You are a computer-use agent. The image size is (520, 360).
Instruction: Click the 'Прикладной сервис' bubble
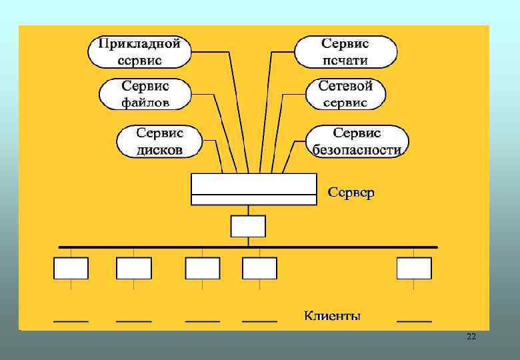(139, 52)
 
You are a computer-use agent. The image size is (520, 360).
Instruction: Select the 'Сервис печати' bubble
(345, 52)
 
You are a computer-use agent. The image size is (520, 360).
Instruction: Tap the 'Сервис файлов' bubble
(145, 94)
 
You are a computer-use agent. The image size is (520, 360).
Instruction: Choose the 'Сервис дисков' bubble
(159, 141)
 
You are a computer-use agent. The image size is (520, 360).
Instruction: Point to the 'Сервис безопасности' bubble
(357, 141)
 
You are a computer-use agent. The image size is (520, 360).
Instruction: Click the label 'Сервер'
(351, 193)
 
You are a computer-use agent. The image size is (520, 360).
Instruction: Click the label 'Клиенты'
(333, 315)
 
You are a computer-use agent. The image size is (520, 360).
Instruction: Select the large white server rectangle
(253, 189)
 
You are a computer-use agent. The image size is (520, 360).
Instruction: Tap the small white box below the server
(248, 226)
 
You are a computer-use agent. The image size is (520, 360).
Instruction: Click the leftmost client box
(71, 268)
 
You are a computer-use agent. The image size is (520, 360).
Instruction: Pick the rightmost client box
(414, 268)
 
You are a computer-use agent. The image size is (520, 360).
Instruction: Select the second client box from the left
(134, 268)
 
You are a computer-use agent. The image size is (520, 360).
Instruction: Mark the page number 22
(471, 337)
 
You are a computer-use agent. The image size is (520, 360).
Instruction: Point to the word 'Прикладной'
(139, 44)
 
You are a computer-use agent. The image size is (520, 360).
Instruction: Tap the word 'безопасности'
(357, 149)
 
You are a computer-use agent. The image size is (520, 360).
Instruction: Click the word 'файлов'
(145, 102)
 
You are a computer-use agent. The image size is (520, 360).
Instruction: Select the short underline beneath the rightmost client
(414, 321)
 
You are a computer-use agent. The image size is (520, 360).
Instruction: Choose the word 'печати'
(345, 60)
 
